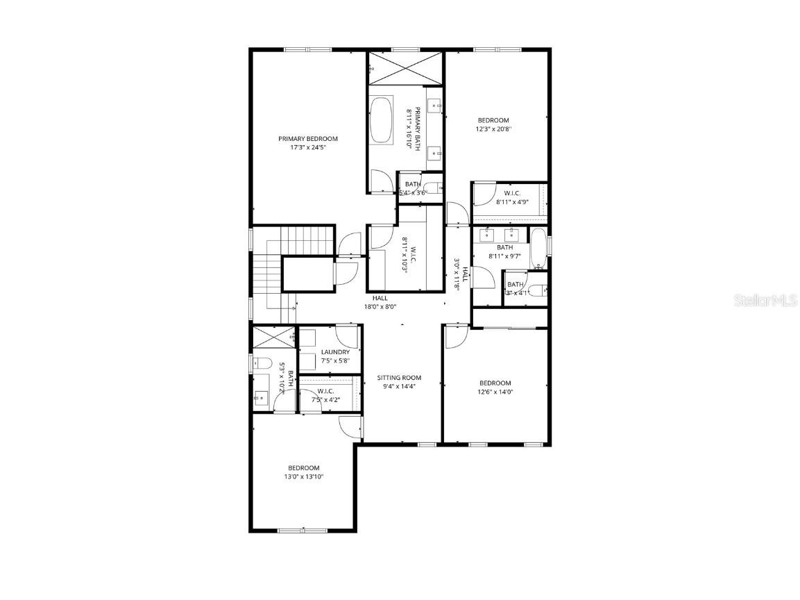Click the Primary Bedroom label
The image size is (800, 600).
(x=308, y=138)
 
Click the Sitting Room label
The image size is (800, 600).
(x=399, y=378)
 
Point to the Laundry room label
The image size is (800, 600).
(x=335, y=352)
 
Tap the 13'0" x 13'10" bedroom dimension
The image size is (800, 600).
(x=304, y=476)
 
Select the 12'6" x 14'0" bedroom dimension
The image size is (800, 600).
(x=495, y=392)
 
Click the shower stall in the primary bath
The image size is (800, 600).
(x=406, y=68)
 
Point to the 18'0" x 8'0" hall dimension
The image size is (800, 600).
(x=380, y=306)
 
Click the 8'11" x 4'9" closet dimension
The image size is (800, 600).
(x=512, y=202)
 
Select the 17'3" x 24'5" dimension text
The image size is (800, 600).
(x=308, y=147)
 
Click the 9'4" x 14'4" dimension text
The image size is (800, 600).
(x=399, y=387)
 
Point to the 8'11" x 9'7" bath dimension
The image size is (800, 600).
(x=504, y=256)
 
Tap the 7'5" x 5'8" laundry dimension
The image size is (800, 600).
(x=335, y=360)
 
